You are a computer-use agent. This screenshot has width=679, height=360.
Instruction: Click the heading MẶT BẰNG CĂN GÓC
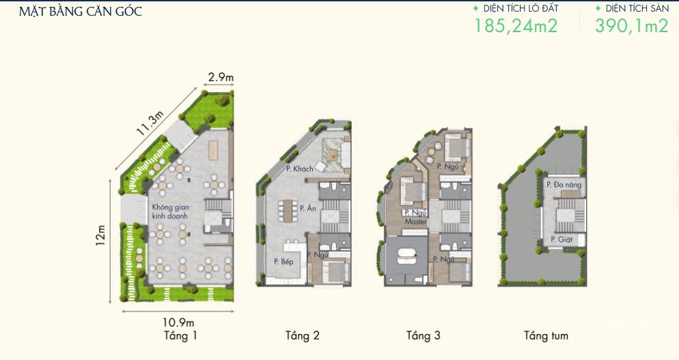(x=81, y=11)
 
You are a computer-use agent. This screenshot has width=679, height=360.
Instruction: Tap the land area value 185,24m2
(x=516, y=25)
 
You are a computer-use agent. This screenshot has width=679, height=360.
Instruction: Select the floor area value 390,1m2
(x=632, y=25)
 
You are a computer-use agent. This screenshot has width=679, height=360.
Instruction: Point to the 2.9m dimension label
(x=221, y=78)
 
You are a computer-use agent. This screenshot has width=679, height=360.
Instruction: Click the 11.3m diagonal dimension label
(x=151, y=123)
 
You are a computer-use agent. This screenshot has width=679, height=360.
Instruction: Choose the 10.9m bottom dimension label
(x=179, y=322)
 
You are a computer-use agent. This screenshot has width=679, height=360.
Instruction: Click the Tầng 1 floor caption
(x=180, y=335)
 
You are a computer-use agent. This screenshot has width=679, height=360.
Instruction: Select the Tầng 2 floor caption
(x=302, y=335)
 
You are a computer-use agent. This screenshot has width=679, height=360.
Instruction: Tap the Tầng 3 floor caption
(x=423, y=335)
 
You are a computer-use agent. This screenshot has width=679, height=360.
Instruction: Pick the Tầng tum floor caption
(x=546, y=335)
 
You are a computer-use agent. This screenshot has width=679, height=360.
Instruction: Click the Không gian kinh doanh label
(x=171, y=211)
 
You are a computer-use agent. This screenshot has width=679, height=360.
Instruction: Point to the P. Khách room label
(x=300, y=169)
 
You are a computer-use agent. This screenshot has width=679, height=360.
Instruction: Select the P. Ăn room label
(x=308, y=208)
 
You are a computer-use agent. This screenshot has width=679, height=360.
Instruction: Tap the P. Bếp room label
(x=283, y=261)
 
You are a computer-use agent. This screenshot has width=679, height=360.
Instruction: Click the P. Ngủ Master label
(x=416, y=217)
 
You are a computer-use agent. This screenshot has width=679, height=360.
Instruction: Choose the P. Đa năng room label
(x=564, y=184)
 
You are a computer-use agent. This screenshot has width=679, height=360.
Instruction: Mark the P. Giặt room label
(x=562, y=239)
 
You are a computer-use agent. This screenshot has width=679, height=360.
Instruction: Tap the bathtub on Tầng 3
(x=407, y=255)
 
